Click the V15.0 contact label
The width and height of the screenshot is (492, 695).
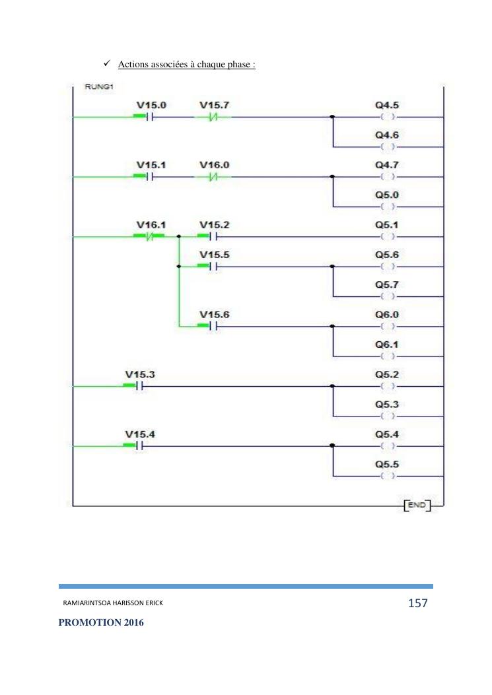pyautogui.click(x=151, y=105)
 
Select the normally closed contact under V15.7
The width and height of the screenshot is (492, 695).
pyautogui.click(x=212, y=117)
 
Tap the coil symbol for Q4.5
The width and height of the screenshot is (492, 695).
pyautogui.click(x=388, y=117)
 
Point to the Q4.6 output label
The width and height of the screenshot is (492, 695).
pyautogui.click(x=387, y=135)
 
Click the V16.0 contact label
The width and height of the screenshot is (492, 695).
pyautogui.click(x=214, y=165)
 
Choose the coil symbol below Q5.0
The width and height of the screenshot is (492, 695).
pyautogui.click(x=388, y=207)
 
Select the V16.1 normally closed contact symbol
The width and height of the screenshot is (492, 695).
pyautogui.click(x=151, y=236)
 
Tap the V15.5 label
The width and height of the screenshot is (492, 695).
pyautogui.click(x=214, y=255)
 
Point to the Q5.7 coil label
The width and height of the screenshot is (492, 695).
pyautogui.click(x=387, y=284)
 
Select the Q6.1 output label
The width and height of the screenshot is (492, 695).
pyautogui.click(x=387, y=345)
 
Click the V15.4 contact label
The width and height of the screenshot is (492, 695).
pyautogui.click(x=139, y=434)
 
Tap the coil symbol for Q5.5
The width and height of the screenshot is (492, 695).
pyautogui.click(x=388, y=476)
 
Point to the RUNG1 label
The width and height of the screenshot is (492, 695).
pyautogui.click(x=98, y=87)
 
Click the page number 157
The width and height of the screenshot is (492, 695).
pyautogui.click(x=417, y=603)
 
